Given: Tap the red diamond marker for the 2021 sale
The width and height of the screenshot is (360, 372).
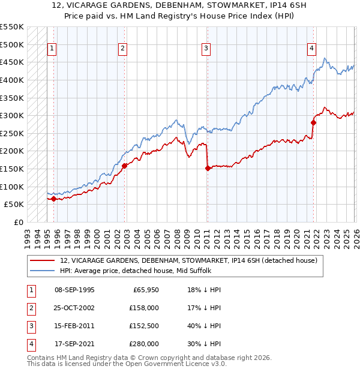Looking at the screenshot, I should coord(313,122).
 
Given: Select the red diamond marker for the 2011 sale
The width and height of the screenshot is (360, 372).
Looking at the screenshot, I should coord(208,168).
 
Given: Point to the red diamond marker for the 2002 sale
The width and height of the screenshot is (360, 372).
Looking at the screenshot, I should coord(124,166).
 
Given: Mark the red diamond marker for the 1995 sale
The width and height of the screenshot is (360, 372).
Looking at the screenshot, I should coord(53,199).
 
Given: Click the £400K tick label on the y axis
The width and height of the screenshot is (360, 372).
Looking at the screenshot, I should coord(12,80).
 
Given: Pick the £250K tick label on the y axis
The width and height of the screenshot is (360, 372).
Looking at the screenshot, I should coord(12,133).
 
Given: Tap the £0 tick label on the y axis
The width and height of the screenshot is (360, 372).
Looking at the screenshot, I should coord(19,222).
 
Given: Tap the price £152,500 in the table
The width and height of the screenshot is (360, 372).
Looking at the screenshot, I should coord(144,327).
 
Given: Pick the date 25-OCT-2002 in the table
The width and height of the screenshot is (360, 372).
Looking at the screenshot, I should coord(75,308).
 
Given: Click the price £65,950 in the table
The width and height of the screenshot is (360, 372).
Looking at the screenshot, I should coord(146,290).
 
